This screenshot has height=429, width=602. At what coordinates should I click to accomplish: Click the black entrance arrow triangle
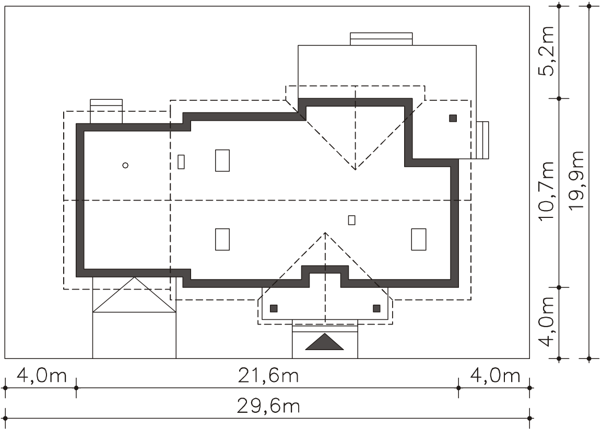click(324, 342)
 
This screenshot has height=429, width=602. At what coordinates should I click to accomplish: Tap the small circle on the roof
click(125, 165)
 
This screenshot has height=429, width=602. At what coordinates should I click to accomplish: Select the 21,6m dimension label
click(268, 375)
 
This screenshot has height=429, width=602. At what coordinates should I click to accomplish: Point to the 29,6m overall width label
click(268, 406)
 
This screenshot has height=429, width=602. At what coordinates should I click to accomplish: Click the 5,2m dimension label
click(546, 51)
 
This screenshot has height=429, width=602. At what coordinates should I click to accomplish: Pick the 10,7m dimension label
click(546, 191)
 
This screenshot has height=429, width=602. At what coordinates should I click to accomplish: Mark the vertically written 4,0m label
click(546, 321)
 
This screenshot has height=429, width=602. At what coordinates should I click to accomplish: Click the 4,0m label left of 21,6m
click(42, 375)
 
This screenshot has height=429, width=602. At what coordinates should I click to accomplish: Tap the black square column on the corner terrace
click(453, 118)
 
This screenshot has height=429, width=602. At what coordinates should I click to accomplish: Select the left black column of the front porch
click(274, 308)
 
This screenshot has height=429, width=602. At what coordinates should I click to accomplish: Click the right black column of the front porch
click(376, 308)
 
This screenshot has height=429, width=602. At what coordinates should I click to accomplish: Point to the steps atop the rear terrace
click(381, 39)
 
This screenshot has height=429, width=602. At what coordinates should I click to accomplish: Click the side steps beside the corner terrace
click(482, 140)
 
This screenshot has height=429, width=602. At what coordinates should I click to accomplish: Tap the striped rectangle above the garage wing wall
click(107, 111)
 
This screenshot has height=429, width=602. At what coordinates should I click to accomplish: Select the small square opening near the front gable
click(352, 220)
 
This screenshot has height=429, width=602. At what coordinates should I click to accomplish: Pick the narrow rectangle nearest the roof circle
click(181, 161)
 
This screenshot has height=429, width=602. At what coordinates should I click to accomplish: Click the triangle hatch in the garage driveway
click(134, 295)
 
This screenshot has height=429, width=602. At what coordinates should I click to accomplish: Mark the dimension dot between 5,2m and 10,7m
click(559, 99)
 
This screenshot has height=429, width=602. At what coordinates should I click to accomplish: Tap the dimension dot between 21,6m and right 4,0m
click(458, 388)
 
